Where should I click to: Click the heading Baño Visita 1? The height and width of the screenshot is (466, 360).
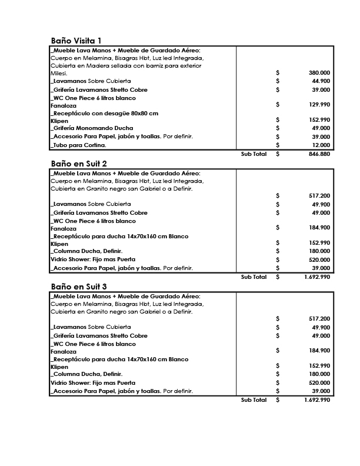tap(76, 41)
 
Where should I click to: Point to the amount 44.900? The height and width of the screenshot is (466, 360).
tap(321, 81)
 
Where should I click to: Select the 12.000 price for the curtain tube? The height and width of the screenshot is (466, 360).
tap(321, 145)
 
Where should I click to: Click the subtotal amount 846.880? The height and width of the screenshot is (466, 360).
tap(319, 154)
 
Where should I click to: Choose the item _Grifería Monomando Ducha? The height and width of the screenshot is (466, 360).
tap(92, 128)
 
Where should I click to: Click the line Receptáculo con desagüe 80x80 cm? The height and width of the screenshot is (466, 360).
tap(105, 113)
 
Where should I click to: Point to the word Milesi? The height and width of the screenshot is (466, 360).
tap(59, 74)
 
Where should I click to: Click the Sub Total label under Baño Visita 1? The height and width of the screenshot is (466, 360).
tap(254, 154)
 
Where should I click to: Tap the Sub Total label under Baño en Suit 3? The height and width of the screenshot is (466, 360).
tap(254, 400)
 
